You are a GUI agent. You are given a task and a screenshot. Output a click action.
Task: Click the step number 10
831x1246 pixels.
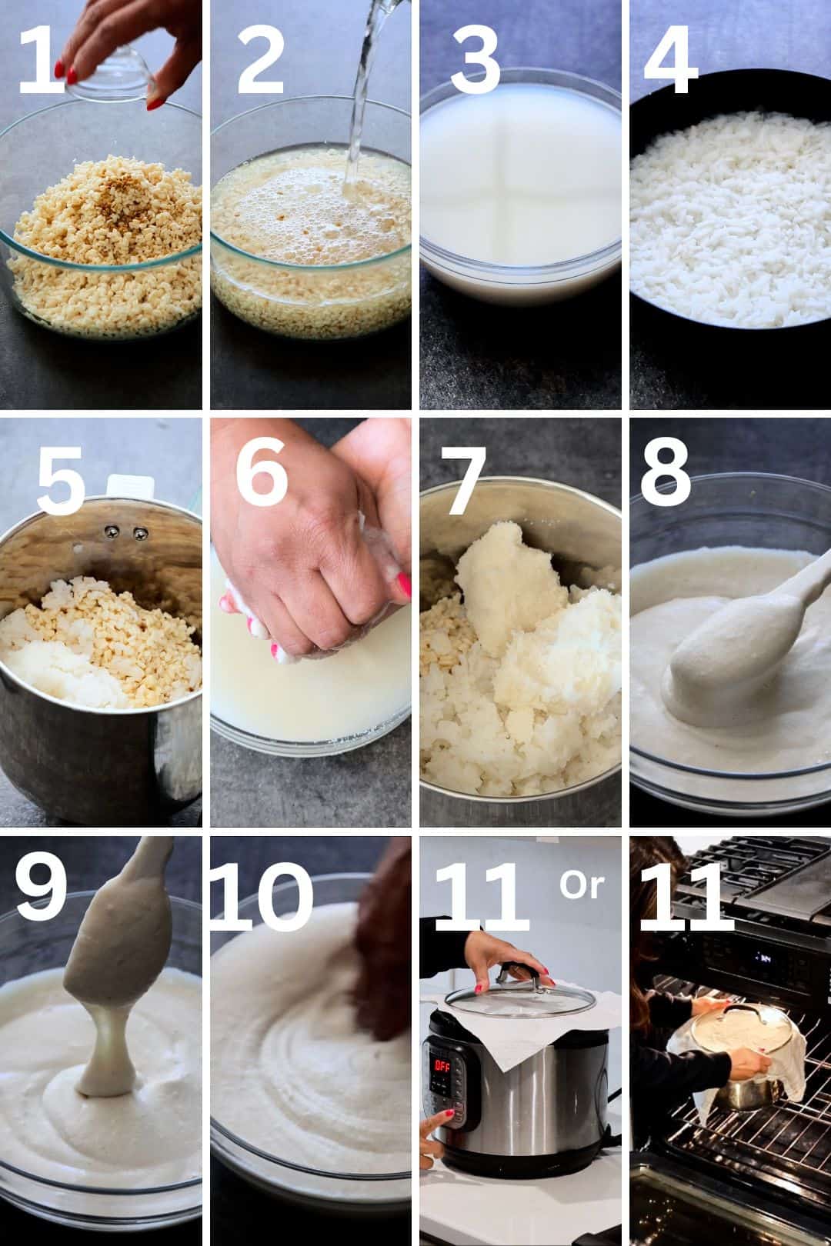[x=262, y=895]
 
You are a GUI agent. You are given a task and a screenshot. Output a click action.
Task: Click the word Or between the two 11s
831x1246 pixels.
[x=582, y=885]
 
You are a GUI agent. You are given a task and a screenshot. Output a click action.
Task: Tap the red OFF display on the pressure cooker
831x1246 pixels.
[x=442, y=1066]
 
